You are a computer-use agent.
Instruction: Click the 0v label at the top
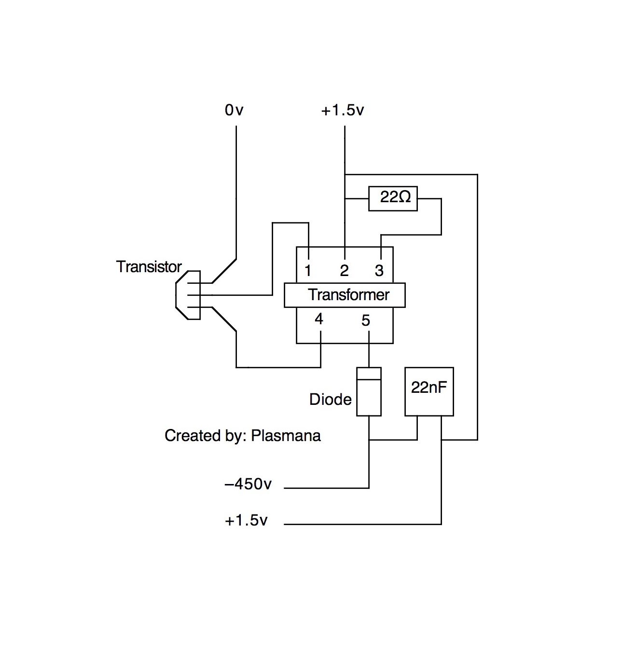click(x=234, y=110)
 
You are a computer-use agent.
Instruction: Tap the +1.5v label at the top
click(x=343, y=110)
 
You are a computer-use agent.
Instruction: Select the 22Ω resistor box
click(x=393, y=199)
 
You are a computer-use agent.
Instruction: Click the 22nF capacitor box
click(x=429, y=392)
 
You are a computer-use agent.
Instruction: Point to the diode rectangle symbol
click(x=369, y=392)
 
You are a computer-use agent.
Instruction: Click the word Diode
click(x=331, y=399)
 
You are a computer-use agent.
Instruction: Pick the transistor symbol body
click(x=188, y=295)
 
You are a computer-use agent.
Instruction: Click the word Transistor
click(x=149, y=267)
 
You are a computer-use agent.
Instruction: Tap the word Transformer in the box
click(x=348, y=295)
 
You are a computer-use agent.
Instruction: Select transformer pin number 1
click(x=308, y=271)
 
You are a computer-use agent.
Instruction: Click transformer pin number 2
click(x=345, y=271)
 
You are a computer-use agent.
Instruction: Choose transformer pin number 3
click(x=379, y=271)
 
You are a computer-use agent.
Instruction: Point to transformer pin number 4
click(x=318, y=319)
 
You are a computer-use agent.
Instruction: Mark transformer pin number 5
click(x=366, y=320)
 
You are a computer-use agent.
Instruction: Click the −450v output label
click(x=248, y=484)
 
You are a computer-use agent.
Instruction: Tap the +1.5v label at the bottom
click(x=246, y=520)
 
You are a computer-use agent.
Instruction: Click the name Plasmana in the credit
click(x=286, y=436)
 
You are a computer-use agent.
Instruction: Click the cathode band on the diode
click(x=369, y=373)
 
